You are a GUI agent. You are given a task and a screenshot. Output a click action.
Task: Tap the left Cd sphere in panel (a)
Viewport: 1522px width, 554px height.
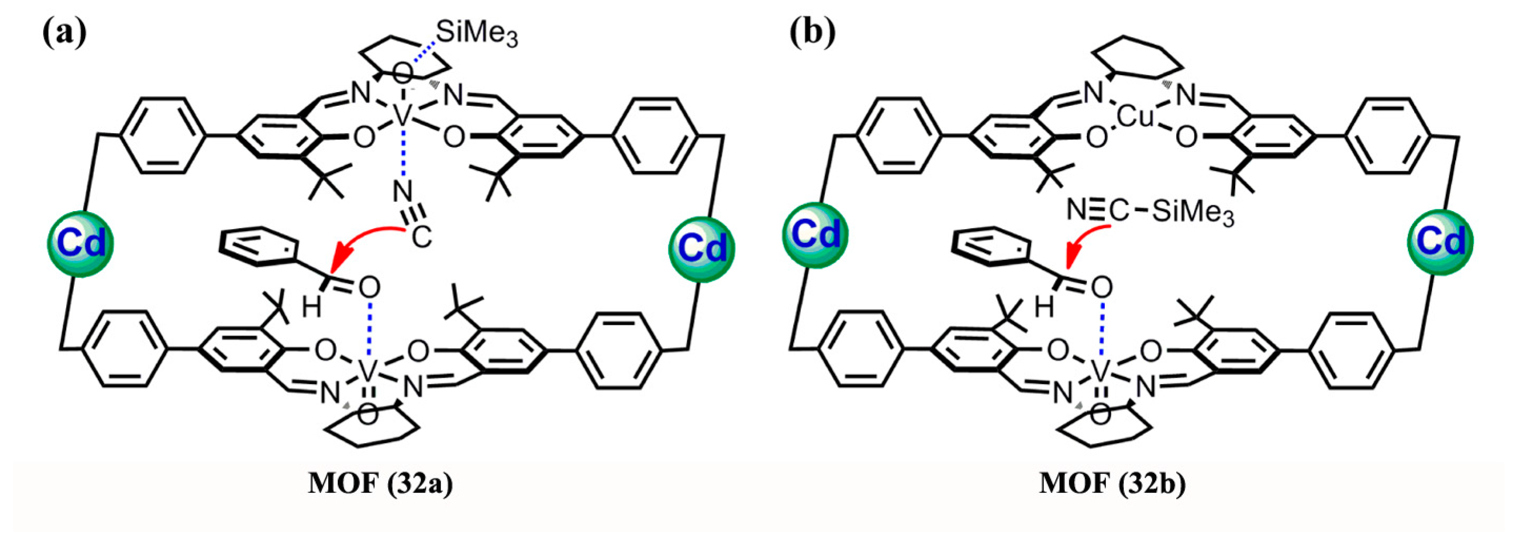click(80, 244)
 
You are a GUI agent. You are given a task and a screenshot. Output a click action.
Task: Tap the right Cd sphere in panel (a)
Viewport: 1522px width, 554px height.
click(702, 249)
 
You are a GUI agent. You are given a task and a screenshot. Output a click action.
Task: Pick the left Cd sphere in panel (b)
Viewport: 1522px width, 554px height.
click(816, 235)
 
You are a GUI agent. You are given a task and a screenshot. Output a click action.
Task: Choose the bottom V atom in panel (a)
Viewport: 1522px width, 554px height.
click(367, 371)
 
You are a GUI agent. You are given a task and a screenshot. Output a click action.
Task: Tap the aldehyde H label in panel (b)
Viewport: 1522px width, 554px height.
click(1044, 308)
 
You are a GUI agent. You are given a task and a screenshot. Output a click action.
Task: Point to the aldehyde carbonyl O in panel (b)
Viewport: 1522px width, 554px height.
click(1102, 288)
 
